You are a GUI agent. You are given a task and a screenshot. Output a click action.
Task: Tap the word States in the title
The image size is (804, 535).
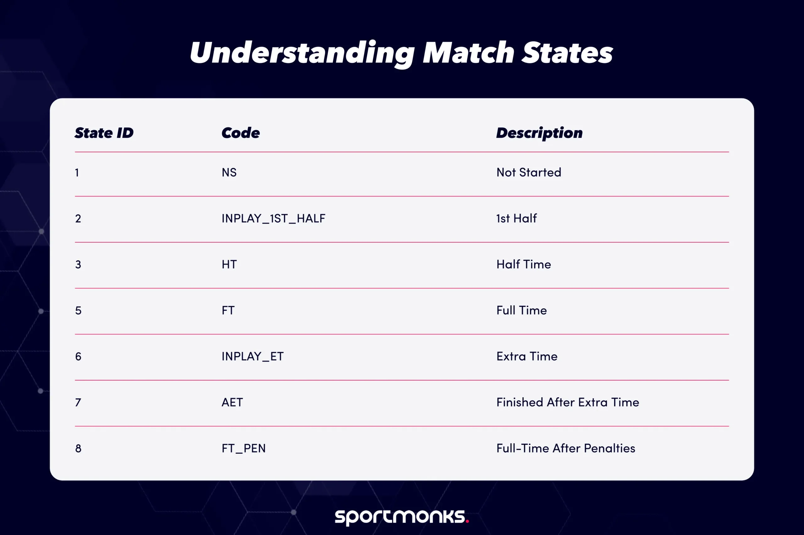(x=567, y=53)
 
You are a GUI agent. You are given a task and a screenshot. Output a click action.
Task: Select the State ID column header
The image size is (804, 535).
(x=104, y=133)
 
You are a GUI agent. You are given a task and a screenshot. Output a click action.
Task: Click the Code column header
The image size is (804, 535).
(x=241, y=133)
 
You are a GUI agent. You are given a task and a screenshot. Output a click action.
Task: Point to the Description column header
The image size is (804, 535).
(x=539, y=133)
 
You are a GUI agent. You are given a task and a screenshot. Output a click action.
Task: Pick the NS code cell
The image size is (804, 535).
(x=229, y=172)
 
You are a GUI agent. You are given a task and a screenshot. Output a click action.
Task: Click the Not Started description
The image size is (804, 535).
(x=529, y=172)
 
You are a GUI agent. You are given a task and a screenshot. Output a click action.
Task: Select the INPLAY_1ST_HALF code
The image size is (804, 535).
(x=273, y=218)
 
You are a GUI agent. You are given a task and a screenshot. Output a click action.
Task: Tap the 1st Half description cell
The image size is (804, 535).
(x=516, y=218)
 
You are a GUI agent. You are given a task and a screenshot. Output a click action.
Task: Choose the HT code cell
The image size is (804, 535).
(x=229, y=264)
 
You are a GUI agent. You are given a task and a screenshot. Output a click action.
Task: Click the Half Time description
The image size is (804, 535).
(x=524, y=264)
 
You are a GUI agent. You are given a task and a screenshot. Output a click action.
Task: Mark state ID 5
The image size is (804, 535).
(x=78, y=310)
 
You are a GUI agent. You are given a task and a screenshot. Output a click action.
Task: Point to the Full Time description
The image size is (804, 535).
(x=521, y=310)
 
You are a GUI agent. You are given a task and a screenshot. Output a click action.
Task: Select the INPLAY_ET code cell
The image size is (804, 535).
(x=253, y=357)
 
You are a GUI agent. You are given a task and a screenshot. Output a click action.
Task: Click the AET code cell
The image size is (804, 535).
(x=232, y=402)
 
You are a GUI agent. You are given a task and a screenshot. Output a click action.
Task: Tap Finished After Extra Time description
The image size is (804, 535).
(x=568, y=402)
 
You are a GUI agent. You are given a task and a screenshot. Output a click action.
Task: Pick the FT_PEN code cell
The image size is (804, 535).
(x=244, y=448)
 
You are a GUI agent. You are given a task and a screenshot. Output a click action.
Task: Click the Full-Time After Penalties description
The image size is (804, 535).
(x=566, y=448)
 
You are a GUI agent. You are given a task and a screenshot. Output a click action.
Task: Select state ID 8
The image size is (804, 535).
(x=78, y=448)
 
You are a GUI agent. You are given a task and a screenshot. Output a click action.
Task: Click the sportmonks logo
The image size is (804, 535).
(x=402, y=517)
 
